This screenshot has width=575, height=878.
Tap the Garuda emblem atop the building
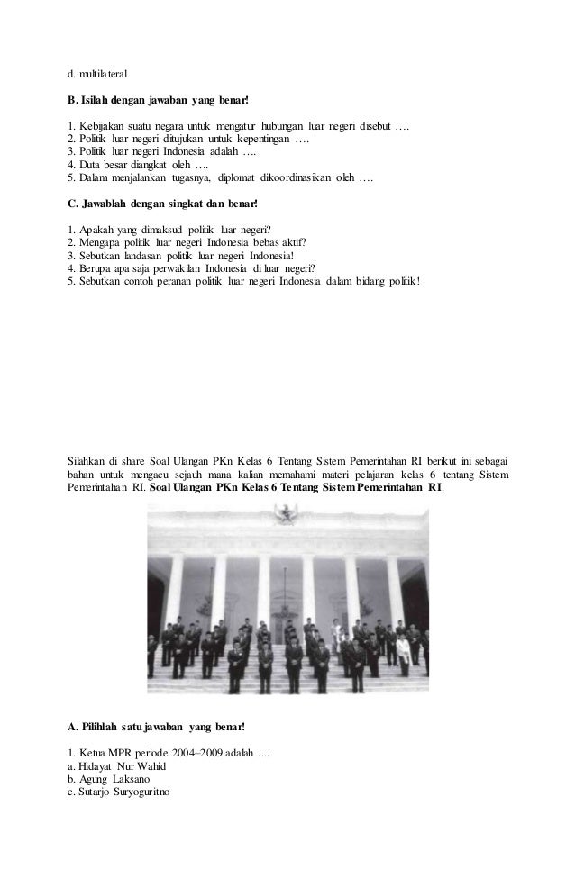coord(285,513)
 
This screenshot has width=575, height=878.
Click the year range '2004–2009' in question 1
coord(207,751)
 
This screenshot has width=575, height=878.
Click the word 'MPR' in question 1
coord(128,751)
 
